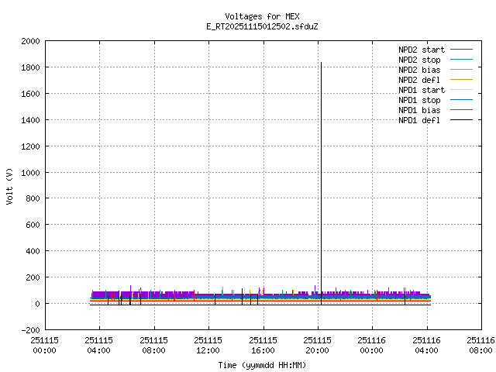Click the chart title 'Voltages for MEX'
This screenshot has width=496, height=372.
(x=262, y=16)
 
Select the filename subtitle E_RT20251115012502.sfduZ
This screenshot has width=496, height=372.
(x=262, y=26)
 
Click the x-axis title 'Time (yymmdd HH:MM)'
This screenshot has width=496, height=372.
(x=262, y=364)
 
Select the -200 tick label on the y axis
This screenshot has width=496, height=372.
(x=29, y=330)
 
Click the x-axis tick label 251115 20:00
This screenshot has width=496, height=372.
(x=318, y=345)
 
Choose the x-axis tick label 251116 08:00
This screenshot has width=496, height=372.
(x=481, y=345)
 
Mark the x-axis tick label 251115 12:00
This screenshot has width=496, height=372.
(x=208, y=345)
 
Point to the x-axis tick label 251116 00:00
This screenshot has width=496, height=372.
(x=372, y=345)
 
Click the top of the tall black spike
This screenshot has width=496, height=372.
(x=321, y=63)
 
